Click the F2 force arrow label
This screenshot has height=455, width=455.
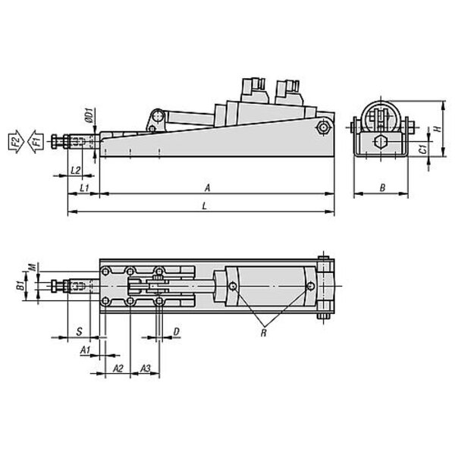pos(15,141)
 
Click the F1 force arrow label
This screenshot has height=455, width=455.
pos(36,141)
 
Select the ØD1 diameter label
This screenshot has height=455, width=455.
pos(89,115)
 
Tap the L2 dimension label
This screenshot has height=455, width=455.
pos(75,170)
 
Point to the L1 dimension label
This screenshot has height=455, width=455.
pos(84,188)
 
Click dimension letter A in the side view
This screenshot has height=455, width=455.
pos(207,188)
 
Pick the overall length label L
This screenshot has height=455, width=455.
pos(205,206)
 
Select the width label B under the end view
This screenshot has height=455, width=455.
pos(383,188)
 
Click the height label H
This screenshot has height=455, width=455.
pos(438,128)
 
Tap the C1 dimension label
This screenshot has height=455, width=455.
pos(424,149)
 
